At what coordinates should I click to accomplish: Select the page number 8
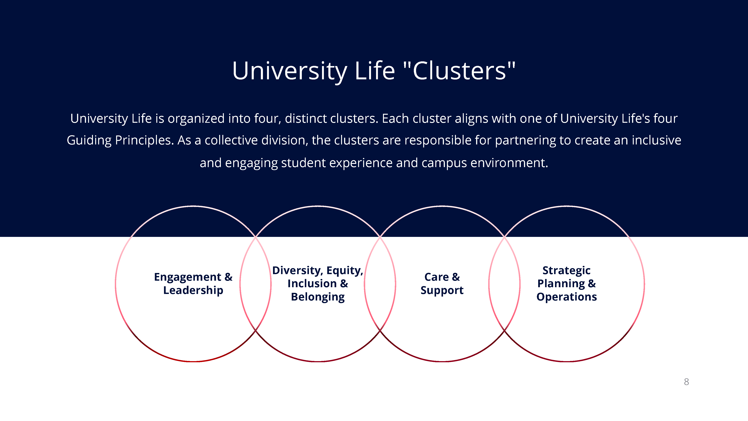[x=686, y=382]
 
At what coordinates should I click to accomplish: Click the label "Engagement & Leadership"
[x=193, y=284]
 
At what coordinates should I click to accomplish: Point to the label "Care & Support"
[x=442, y=284]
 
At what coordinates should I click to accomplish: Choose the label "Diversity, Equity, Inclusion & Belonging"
[x=318, y=284]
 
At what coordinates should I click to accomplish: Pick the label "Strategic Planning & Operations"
[x=567, y=284]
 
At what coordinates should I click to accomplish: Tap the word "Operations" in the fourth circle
[x=567, y=297]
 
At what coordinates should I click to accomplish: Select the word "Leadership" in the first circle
[x=193, y=290]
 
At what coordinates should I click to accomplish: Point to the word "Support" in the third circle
[x=442, y=290]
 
